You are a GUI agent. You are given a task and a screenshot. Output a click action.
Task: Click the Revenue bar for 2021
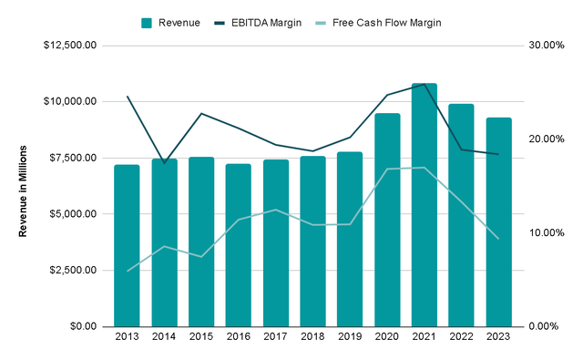pyautogui.click(x=424, y=205)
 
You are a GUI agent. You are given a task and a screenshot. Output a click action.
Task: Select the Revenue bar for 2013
pyautogui.click(x=127, y=245)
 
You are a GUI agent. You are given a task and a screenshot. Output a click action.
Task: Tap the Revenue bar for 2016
pyautogui.click(x=239, y=245)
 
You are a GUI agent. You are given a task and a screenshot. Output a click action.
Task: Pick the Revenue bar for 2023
pyautogui.click(x=498, y=222)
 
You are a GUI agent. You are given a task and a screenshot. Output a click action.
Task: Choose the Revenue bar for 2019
pyautogui.click(x=350, y=239)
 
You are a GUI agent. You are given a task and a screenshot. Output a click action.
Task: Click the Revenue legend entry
pyautogui.click(x=170, y=23)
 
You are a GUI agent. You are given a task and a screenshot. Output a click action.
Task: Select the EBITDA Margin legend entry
pyautogui.click(x=258, y=23)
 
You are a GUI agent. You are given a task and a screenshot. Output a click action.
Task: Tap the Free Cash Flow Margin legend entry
pyautogui.click(x=378, y=23)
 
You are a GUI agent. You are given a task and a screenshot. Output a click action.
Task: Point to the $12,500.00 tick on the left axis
pyautogui.click(x=70, y=46)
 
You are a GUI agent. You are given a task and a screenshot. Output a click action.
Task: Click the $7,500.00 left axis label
pyautogui.click(x=73, y=158)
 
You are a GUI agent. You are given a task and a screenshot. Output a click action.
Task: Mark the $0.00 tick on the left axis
pyautogui.click(x=83, y=326)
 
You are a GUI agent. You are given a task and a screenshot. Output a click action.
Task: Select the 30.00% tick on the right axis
pyautogui.click(x=547, y=46)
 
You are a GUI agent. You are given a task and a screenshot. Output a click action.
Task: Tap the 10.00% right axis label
pyautogui.click(x=547, y=232)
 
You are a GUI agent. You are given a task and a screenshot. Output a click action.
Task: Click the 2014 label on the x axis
pyautogui.click(x=164, y=336)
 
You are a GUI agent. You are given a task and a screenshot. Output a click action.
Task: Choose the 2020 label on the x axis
pyautogui.click(x=387, y=336)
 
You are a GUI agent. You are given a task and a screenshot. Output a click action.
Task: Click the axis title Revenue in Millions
pyautogui.click(x=23, y=191)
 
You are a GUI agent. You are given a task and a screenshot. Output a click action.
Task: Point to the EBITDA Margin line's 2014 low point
pyautogui.click(x=164, y=163)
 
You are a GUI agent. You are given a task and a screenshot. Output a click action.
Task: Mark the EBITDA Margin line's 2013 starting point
pyautogui.click(x=128, y=97)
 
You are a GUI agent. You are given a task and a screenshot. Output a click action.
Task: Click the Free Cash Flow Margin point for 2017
pyautogui.click(x=275, y=210)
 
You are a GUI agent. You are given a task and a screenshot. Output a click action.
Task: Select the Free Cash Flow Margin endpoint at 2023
pyautogui.click(x=498, y=239)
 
